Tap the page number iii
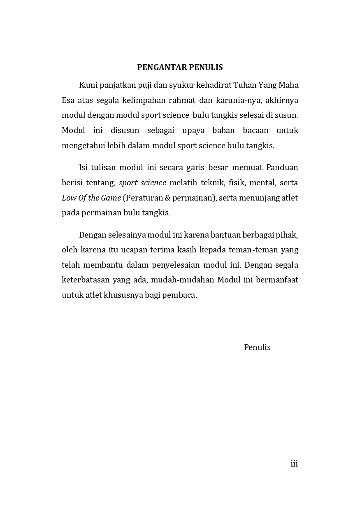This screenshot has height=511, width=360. coord(294,464)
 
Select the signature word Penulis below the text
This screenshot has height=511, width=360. coord(257,347)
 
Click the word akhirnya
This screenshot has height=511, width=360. coord(283,100)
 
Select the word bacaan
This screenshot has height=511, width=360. coord(255,131)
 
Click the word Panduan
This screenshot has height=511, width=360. coord(282,168)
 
